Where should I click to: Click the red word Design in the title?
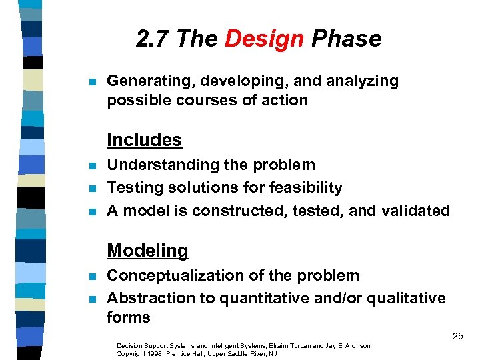pos(264,39)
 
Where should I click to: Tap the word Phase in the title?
pos(346,39)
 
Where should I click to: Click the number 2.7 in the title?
pos(154,39)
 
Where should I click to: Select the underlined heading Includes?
pos(144,140)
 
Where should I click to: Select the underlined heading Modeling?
pos(147,251)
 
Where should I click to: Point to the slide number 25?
pos(457,336)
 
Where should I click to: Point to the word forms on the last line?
pos(129,317)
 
